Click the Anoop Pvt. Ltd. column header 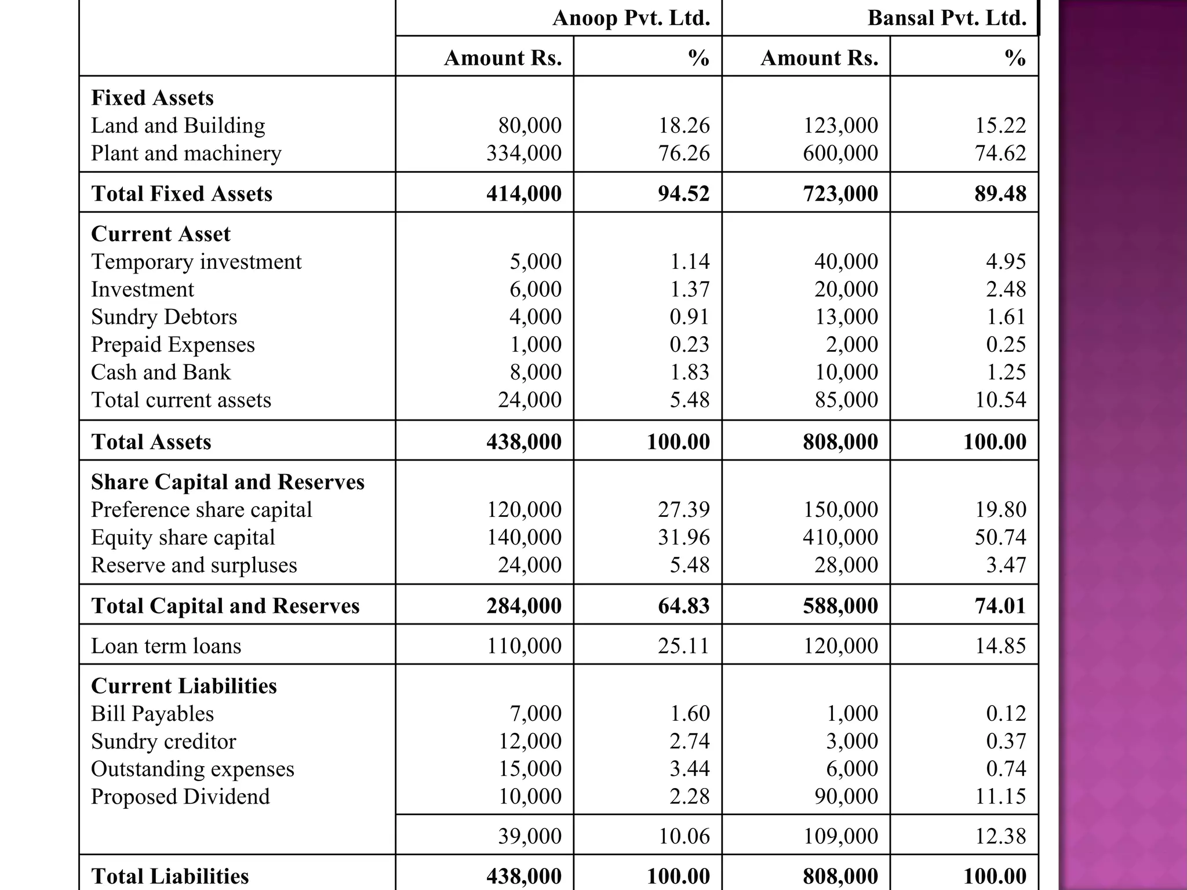click(x=631, y=18)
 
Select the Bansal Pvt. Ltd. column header click(x=946, y=18)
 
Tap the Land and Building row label click(x=178, y=126)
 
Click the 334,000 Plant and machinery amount click(x=524, y=153)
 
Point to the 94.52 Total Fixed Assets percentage click(x=683, y=194)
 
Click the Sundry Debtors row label click(x=164, y=317)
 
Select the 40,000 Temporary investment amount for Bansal click(x=846, y=261)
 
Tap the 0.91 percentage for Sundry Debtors click(x=689, y=317)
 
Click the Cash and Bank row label click(x=161, y=372)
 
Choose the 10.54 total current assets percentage click(x=1000, y=400)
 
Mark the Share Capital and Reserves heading click(x=227, y=482)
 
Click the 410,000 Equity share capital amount click(x=840, y=537)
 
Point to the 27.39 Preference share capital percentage click(x=683, y=509)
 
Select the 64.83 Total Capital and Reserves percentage click(x=683, y=606)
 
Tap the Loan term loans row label click(x=166, y=645)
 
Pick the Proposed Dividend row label click(x=180, y=797)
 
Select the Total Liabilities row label click(x=170, y=876)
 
